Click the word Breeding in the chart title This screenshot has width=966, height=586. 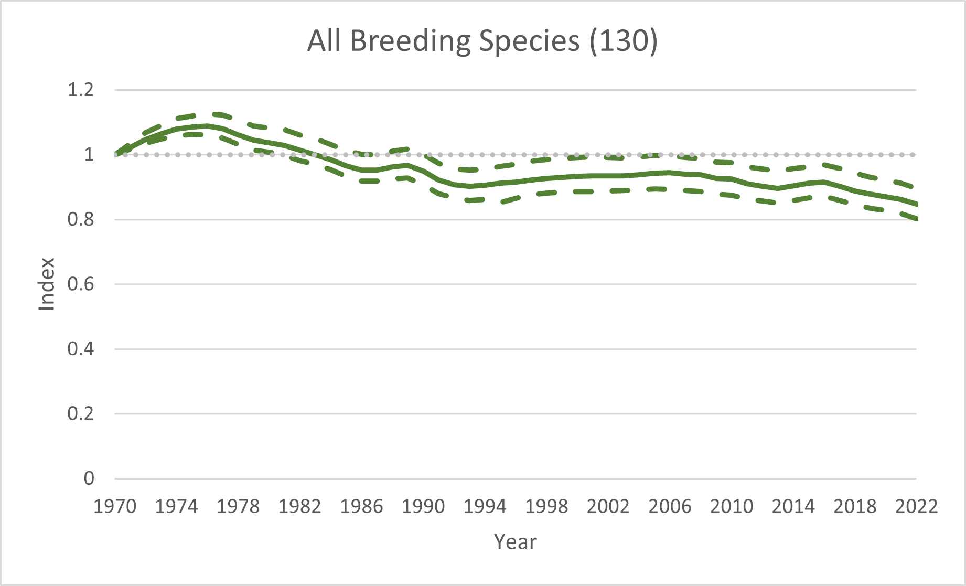(411, 41)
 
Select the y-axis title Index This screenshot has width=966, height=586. (47, 284)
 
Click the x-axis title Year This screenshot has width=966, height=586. (515, 542)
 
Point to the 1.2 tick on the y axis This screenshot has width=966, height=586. (80, 90)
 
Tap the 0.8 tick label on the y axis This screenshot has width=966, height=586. (80, 219)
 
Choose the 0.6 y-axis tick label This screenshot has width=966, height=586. (80, 284)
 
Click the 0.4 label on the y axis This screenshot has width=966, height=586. (80, 349)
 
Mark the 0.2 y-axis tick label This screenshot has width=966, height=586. (80, 414)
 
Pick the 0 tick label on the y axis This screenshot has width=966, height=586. (89, 478)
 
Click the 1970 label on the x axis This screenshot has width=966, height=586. (115, 506)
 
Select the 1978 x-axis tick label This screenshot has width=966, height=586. (238, 506)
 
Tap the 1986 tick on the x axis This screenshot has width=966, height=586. (361, 506)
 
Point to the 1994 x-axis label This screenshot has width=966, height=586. (485, 506)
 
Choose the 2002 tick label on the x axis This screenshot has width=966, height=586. (608, 506)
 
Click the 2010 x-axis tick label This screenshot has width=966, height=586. (731, 506)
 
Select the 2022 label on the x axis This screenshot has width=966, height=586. (916, 506)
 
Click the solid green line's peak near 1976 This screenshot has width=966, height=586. (207, 125)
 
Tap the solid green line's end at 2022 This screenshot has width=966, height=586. (916, 204)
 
